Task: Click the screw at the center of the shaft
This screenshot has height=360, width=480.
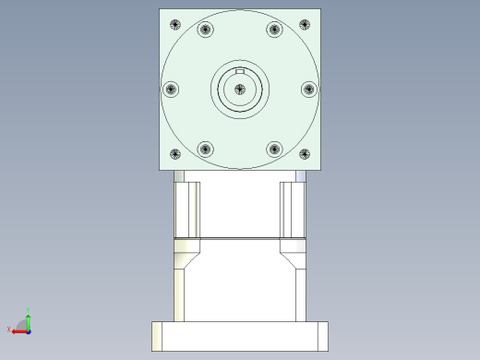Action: tap(240, 89)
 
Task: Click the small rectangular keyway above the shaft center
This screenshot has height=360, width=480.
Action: tap(240, 71)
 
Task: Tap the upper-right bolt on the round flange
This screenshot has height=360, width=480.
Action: tap(274, 30)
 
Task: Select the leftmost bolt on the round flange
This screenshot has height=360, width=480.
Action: tap(171, 89)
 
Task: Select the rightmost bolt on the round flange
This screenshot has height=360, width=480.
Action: tap(308, 89)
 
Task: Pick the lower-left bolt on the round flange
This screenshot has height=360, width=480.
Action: tap(205, 149)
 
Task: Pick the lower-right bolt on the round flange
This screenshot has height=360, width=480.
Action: tap(274, 149)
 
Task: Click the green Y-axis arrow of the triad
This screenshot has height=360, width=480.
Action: tap(29, 319)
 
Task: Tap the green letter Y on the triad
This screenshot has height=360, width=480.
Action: tap(29, 309)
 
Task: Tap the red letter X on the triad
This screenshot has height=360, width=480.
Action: tap(8, 329)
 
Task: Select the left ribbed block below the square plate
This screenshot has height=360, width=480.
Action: tap(187, 209)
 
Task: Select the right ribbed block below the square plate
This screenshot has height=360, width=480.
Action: tap(293, 209)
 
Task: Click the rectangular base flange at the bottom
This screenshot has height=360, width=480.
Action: tap(239, 336)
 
